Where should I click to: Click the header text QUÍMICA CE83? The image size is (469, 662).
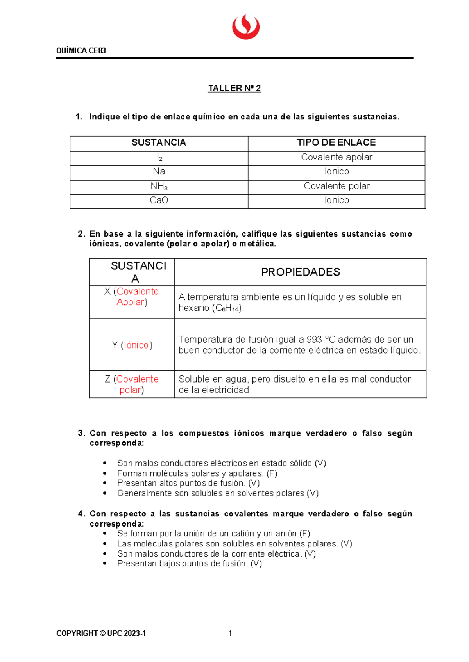(x=81, y=51)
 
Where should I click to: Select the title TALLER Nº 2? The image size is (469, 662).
(x=234, y=88)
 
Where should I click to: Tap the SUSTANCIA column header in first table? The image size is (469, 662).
(x=159, y=142)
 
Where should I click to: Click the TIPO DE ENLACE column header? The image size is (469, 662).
(x=336, y=142)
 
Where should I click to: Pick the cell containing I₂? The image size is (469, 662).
(x=159, y=158)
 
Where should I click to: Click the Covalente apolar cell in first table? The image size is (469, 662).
(x=337, y=157)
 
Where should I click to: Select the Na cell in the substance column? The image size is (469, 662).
(x=159, y=171)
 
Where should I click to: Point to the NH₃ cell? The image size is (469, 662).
(x=159, y=186)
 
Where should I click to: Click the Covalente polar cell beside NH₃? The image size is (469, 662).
(x=337, y=186)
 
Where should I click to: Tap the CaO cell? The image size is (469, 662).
(x=159, y=200)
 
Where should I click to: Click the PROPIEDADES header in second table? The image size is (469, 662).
(x=300, y=272)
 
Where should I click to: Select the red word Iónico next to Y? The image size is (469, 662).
(x=136, y=345)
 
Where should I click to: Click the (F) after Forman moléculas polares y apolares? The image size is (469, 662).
(x=272, y=473)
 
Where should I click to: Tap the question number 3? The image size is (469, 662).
(x=81, y=433)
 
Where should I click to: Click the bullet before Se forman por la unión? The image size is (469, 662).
(x=105, y=534)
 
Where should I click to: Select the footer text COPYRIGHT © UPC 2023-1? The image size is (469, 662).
(x=101, y=634)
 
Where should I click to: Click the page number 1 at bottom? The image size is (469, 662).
(x=230, y=634)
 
